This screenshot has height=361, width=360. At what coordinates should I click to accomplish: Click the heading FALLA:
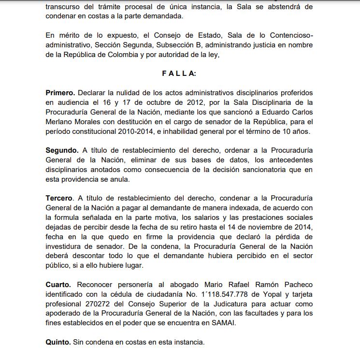click(x=179, y=73)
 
